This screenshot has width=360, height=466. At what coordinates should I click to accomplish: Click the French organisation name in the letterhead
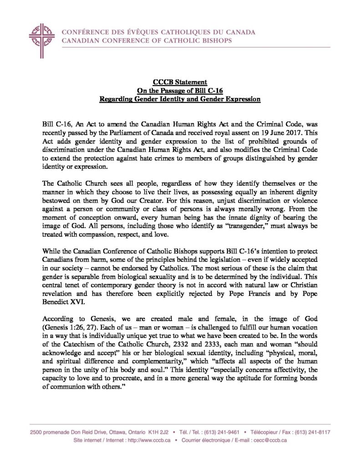pos(158,32)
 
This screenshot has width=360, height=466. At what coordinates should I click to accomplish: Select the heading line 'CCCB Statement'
pos(180,82)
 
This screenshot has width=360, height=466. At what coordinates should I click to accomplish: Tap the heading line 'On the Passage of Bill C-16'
pos(180,91)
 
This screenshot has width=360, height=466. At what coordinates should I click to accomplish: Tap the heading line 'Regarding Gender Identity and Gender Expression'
pos(180,99)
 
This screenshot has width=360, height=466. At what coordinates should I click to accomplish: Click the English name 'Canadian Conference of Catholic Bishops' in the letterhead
pos(146,41)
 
